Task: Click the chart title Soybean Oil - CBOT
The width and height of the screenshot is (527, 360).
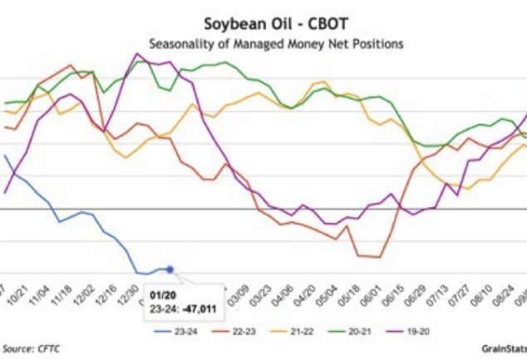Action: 263,23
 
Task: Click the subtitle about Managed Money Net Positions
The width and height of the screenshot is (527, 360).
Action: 263,42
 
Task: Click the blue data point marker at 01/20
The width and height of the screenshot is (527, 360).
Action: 170,269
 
